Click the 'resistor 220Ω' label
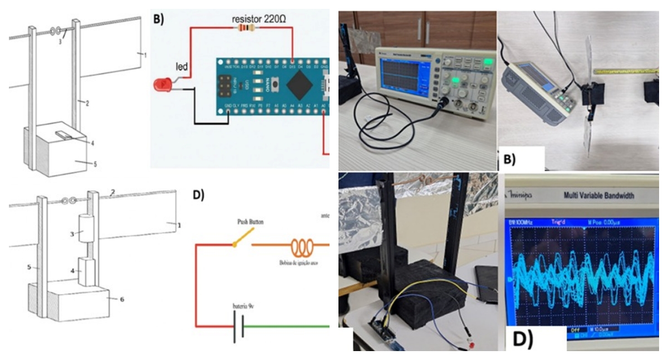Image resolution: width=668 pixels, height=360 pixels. (x=259, y=18)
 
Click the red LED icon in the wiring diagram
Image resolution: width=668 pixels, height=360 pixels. (x=162, y=85)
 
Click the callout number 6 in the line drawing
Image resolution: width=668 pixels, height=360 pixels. (x=122, y=299)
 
